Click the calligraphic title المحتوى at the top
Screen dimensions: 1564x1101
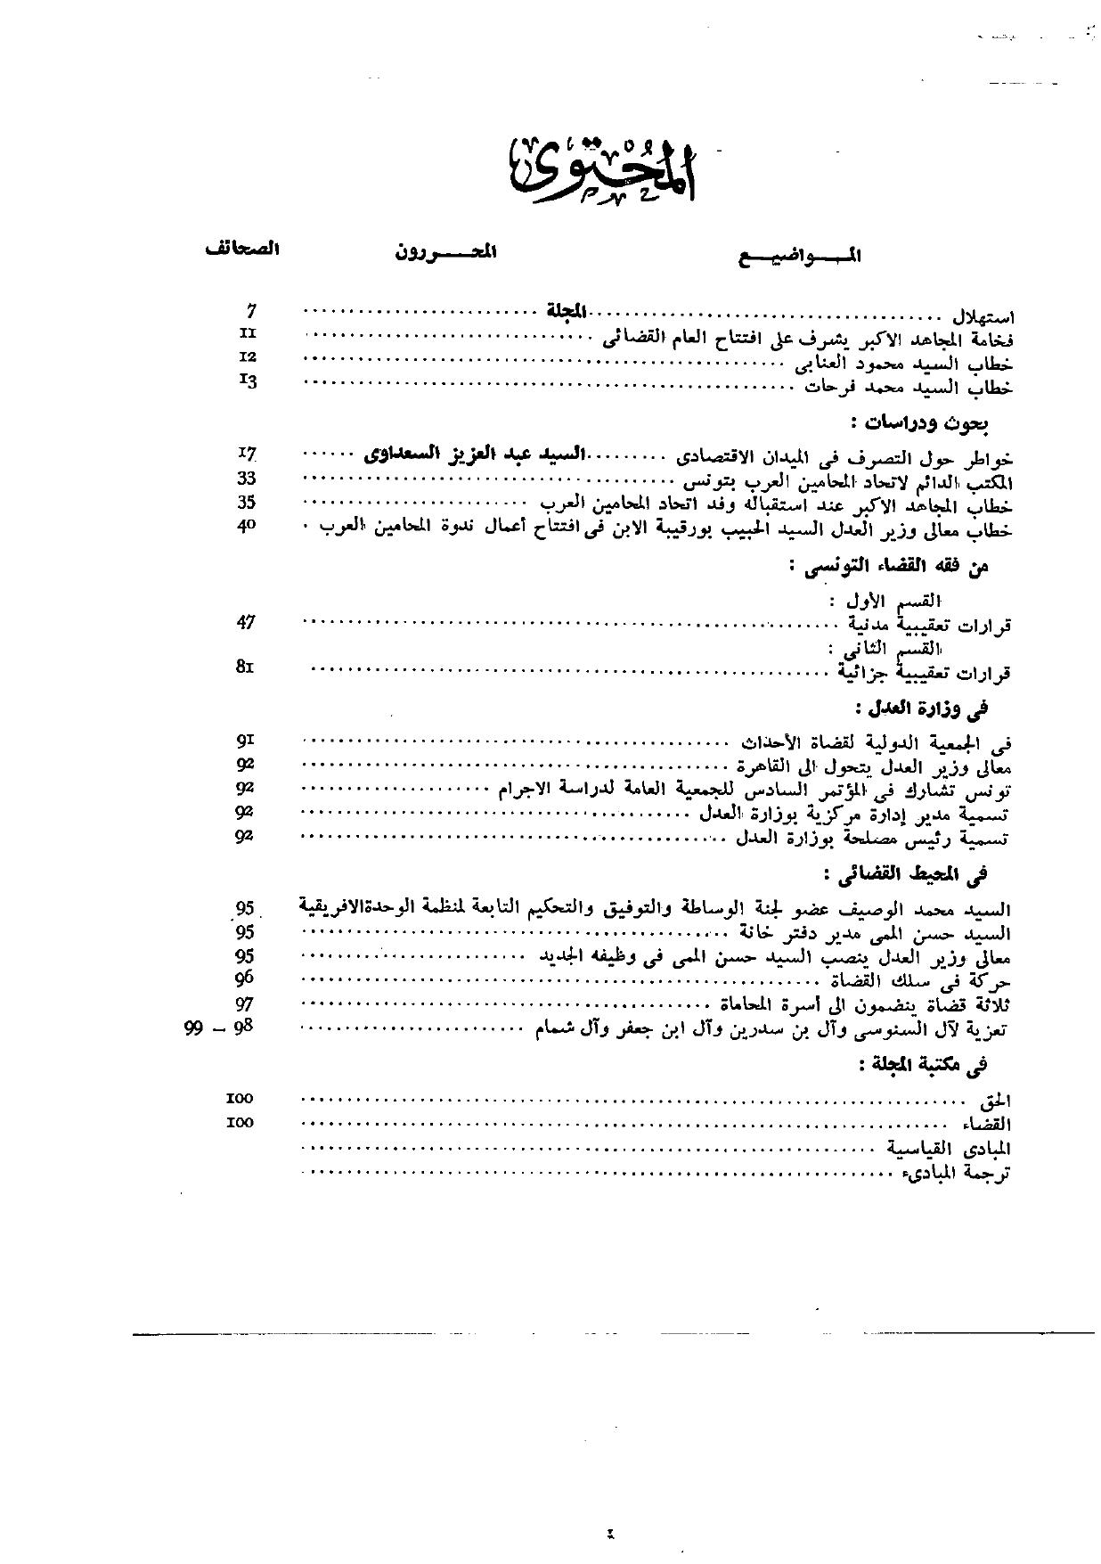click(603, 168)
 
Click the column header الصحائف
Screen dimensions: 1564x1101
click(241, 250)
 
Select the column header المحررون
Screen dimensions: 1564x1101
click(445, 252)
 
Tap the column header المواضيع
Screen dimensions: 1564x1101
click(801, 257)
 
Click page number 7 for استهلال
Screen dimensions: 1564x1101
click(251, 310)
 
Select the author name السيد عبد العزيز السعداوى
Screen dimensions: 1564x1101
click(474, 454)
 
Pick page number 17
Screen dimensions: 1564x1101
click(248, 454)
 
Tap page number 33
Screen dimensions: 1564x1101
click(247, 478)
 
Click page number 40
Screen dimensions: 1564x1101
click(247, 526)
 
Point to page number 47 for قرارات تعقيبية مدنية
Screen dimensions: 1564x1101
click(247, 622)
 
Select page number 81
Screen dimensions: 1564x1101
click(245, 666)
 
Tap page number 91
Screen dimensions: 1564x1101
click(246, 740)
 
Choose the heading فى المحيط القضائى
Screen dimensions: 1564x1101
click(907, 876)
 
